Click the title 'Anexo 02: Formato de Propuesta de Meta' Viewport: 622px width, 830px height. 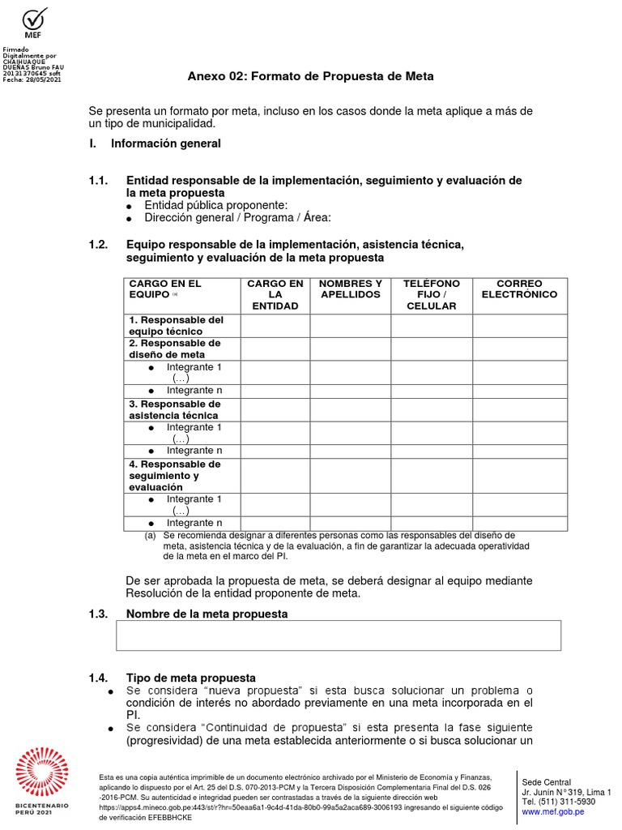[x=310, y=76]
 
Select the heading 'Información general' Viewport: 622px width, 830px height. [x=165, y=143]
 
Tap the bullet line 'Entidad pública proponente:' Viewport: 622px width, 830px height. [x=215, y=206]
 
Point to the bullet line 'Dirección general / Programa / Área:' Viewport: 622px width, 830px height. [x=237, y=218]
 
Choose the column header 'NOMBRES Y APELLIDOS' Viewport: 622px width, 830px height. [x=350, y=289]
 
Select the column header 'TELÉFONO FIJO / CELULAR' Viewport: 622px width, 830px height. [x=431, y=295]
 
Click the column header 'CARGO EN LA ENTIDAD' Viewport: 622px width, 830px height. [x=275, y=295]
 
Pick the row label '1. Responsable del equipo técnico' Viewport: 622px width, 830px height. [x=176, y=326]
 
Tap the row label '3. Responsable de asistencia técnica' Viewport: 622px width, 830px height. [x=174, y=410]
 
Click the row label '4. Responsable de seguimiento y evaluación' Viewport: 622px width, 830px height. [x=174, y=476]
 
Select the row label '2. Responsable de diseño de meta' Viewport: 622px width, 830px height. [x=174, y=349]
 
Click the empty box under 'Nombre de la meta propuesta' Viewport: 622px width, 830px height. [x=339, y=635]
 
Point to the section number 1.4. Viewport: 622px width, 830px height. [x=98, y=678]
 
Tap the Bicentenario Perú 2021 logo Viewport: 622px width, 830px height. [x=42, y=779]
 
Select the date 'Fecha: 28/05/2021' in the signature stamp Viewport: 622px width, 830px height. [x=32, y=79]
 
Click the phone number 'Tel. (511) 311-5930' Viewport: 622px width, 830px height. [x=558, y=802]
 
